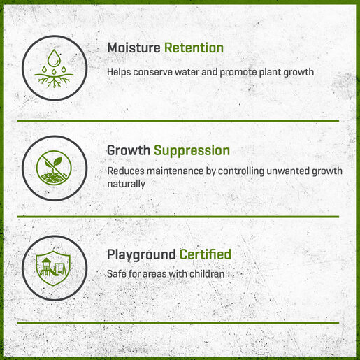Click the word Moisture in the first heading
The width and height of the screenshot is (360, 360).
pos(134,48)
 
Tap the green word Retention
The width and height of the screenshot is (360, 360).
pos(194,48)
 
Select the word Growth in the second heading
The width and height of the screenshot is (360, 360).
pos(129,151)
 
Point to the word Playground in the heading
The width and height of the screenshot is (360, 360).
pos(141,255)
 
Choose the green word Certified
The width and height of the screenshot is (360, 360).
pos(206,254)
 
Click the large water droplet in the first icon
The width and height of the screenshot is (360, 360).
pos(54,57)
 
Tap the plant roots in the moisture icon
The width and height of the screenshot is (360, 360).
pos(54,80)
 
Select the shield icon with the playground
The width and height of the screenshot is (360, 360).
pos(53,268)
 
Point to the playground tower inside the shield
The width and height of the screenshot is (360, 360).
pos(46,267)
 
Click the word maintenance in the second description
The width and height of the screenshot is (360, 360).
pos(175,171)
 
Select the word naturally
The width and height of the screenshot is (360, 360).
pos(126,184)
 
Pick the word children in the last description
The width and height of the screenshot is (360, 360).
pos(207,274)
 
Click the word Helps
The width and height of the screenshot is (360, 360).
pos(119,72)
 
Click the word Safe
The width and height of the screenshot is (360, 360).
pos(116,274)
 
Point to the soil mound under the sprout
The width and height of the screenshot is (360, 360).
pos(53,177)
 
